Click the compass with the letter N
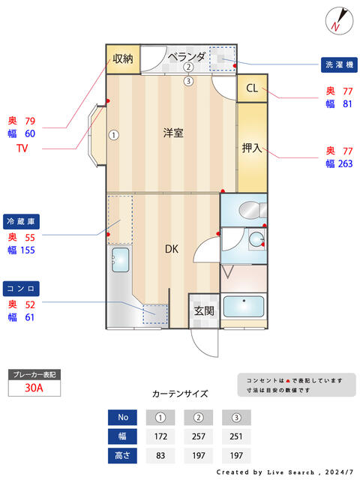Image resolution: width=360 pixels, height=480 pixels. coord(339,21)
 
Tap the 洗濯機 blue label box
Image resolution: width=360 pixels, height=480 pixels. coord(339,65)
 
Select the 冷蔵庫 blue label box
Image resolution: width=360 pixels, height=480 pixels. coord(21,222)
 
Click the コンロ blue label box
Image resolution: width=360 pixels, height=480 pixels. coord(21,289)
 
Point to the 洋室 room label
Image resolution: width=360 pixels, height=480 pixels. coord(173,133)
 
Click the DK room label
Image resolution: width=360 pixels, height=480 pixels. coord(172,249)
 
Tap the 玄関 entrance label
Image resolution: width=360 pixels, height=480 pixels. coord(204,311)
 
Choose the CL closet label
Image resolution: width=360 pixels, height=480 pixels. coord(252,88)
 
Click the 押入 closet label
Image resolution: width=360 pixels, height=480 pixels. coord(252,148)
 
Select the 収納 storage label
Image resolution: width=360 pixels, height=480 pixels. coord(123,58)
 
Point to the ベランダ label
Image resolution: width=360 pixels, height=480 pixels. coord(187,57)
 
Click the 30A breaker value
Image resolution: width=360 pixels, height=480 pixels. coord(34,388)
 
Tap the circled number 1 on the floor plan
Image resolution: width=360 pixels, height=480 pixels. coord(114,135)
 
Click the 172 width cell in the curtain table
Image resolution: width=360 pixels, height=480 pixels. coord(160,436)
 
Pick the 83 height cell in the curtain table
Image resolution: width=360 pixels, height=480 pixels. coord(160,455)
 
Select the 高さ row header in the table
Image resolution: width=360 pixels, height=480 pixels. coord(122,455)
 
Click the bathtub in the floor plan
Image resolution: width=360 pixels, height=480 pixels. coord(244,307)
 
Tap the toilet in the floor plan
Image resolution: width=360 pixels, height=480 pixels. coord(253,210)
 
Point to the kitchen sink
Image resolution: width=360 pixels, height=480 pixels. coord(120,260)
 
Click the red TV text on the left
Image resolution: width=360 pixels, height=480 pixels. coord(22,148)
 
